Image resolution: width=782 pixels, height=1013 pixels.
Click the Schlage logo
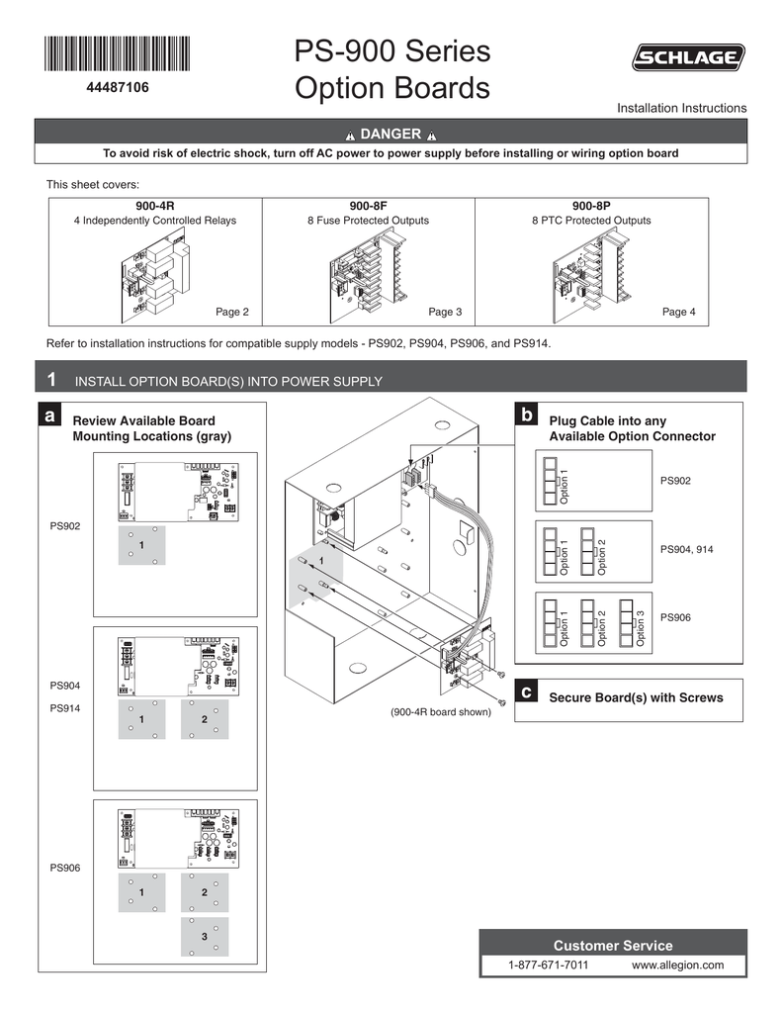pyautogui.click(x=689, y=60)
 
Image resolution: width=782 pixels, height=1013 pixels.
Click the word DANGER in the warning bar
pyautogui.click(x=391, y=134)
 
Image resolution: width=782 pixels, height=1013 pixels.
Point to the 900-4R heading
pyautogui.click(x=155, y=206)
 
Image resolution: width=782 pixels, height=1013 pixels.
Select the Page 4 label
pyautogui.click(x=678, y=312)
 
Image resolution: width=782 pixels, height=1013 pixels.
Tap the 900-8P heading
pyautogui.click(x=590, y=206)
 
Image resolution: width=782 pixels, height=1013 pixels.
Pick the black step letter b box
pyautogui.click(x=528, y=413)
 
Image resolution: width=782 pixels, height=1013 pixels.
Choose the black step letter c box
pyautogui.click(x=528, y=694)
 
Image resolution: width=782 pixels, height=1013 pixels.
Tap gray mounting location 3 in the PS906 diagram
pyautogui.click(x=204, y=936)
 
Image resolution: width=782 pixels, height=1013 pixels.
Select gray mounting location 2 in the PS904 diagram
pyautogui.click(x=204, y=719)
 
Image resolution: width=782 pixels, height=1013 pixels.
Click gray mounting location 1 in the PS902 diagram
pyautogui.click(x=141, y=545)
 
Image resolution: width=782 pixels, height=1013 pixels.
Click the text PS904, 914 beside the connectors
pyautogui.click(x=686, y=548)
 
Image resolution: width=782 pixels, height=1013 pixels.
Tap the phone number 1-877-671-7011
pyautogui.click(x=548, y=965)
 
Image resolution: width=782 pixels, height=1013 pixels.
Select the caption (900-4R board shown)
pyautogui.click(x=440, y=711)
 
